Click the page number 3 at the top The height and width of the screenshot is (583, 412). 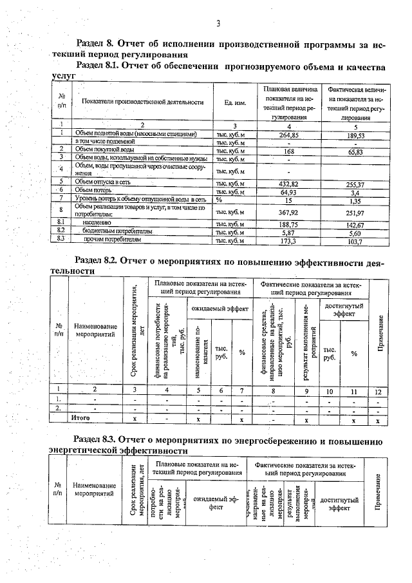tap(218, 24)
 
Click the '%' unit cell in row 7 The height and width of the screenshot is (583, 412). tap(220, 200)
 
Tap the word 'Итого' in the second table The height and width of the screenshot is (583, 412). tap(80, 419)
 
